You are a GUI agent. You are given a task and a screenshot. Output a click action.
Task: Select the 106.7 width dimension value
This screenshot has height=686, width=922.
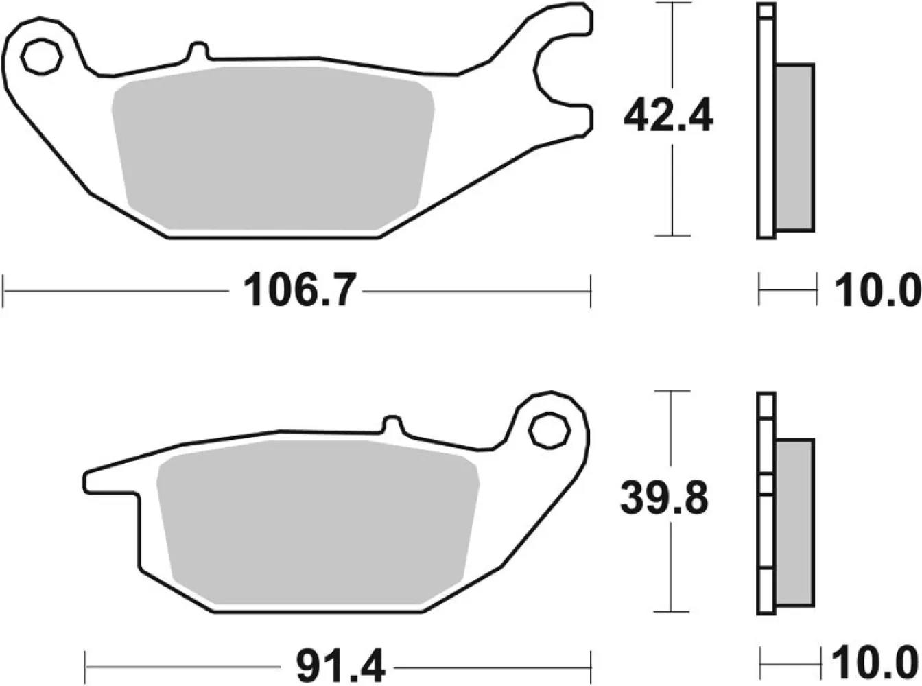pos(295,291)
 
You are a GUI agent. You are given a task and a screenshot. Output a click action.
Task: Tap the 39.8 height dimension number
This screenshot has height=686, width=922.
pos(663,500)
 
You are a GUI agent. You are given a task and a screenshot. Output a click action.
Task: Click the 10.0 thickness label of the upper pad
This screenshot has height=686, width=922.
pos(875,292)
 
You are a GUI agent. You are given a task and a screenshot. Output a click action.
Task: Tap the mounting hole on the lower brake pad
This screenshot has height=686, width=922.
pos(548,429)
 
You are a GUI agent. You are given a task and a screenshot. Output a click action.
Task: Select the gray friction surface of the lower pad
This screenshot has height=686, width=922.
pos(317,525)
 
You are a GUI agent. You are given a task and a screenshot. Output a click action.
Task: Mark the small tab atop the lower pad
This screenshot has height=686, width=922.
pos(392,425)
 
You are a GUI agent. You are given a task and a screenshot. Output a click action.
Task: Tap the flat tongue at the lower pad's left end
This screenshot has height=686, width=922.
pos(110,480)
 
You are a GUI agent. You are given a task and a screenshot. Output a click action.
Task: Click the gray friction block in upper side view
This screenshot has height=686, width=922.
pos(795,147)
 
